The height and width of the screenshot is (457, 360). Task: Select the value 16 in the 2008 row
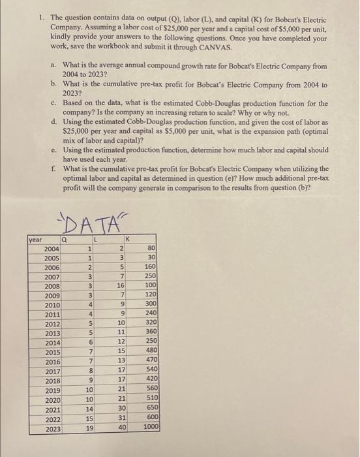(120, 285)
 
